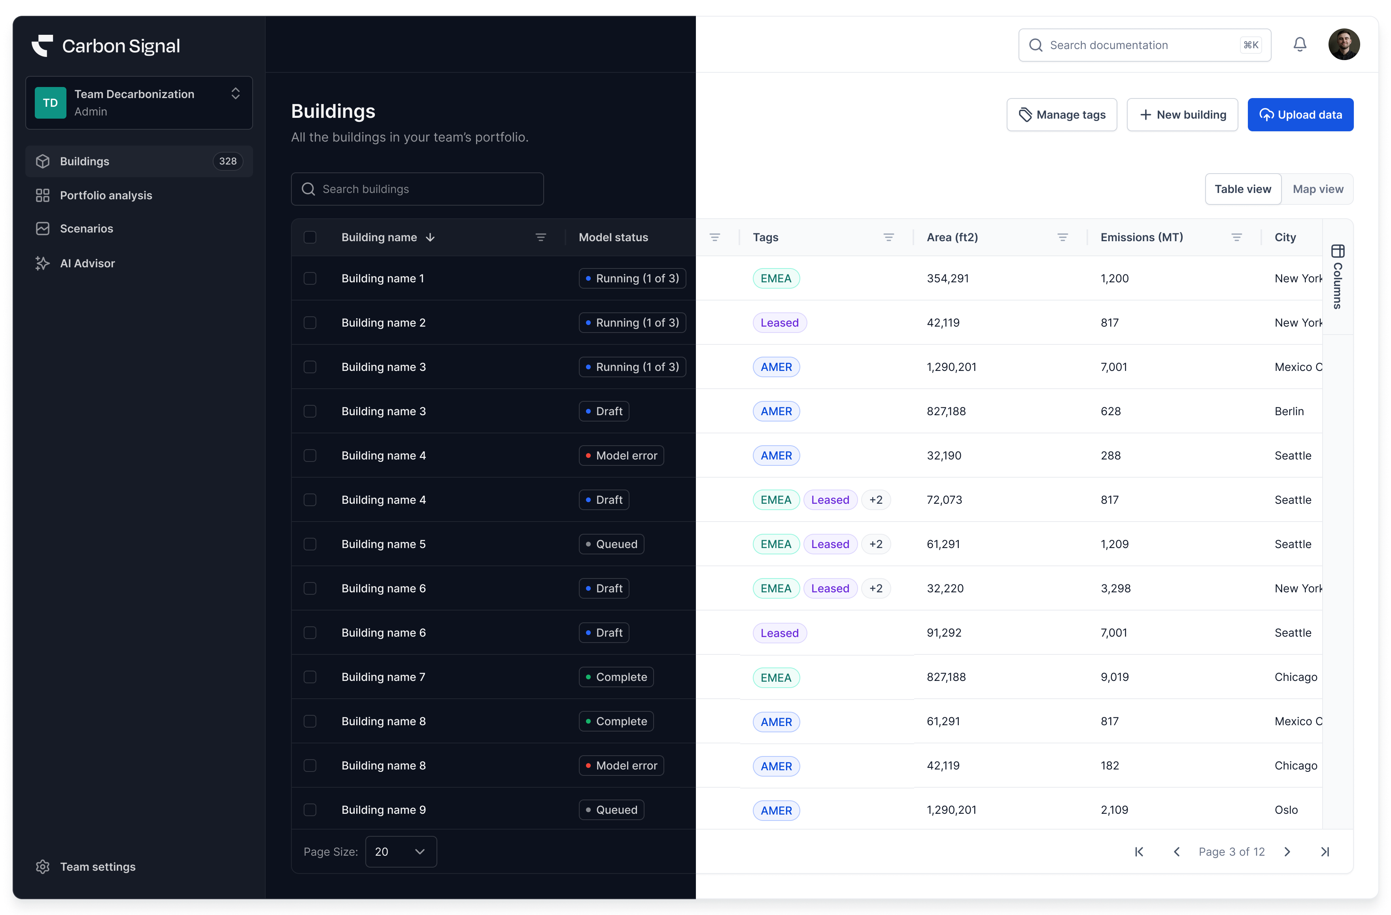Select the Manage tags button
pyautogui.click(x=1061, y=115)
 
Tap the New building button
pyautogui.click(x=1182, y=115)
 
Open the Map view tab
pyautogui.click(x=1317, y=189)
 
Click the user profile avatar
pyautogui.click(x=1344, y=44)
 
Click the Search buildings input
pyautogui.click(x=417, y=189)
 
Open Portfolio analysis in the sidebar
pyautogui.click(x=106, y=195)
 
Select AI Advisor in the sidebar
pyautogui.click(x=87, y=263)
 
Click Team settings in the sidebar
pyautogui.click(x=98, y=866)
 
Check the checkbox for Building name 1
pyautogui.click(x=310, y=278)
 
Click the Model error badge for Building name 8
pyautogui.click(x=621, y=765)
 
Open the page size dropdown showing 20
pyautogui.click(x=401, y=851)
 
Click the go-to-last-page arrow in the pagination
pyautogui.click(x=1325, y=852)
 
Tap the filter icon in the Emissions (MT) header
pyautogui.click(x=1236, y=237)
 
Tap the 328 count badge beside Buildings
pyautogui.click(x=227, y=161)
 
